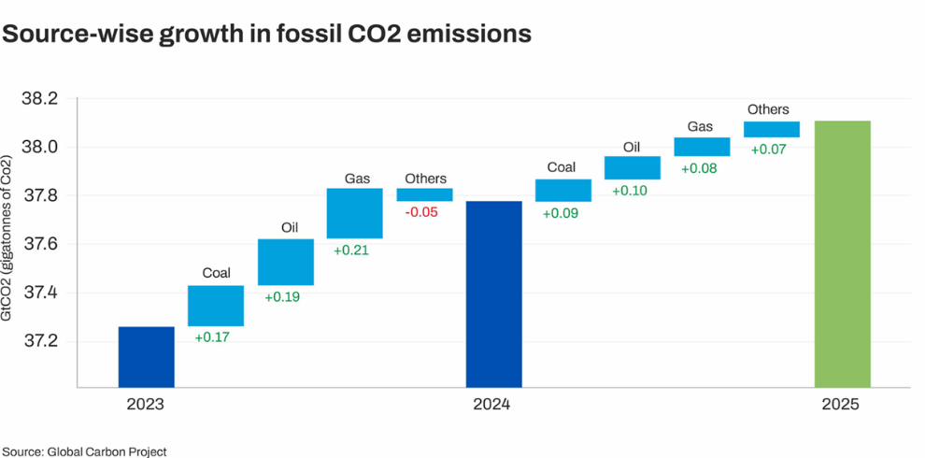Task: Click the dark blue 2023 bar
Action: click(146, 356)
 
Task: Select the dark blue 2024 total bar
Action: click(493, 293)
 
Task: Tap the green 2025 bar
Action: click(842, 253)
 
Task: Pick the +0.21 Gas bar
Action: click(354, 213)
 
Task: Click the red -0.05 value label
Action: click(423, 211)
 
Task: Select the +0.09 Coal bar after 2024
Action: click(562, 191)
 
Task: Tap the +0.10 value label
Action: click(633, 190)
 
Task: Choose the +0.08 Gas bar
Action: click(702, 147)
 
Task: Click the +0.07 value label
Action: click(771, 148)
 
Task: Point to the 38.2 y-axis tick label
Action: click(39, 99)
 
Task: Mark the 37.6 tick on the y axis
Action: click(39, 244)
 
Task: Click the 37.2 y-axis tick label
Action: click(39, 340)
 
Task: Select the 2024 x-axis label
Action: click(491, 406)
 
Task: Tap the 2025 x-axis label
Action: click(841, 406)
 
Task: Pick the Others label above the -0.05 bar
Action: click(425, 179)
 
